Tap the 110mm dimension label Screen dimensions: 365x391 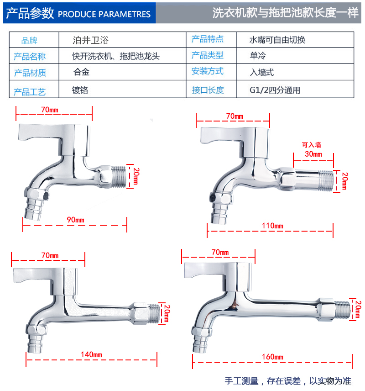273,226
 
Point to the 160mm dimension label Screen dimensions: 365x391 273,357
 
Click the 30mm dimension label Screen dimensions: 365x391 313,154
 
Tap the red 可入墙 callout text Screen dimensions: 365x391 311,145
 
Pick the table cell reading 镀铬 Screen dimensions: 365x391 80,90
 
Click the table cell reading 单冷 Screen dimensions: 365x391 258,56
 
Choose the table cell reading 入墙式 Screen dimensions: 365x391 261,72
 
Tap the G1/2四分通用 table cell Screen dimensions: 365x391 275,90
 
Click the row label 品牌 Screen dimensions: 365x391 29,41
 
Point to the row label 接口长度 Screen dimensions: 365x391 208,90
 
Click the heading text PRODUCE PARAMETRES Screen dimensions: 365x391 104,14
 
